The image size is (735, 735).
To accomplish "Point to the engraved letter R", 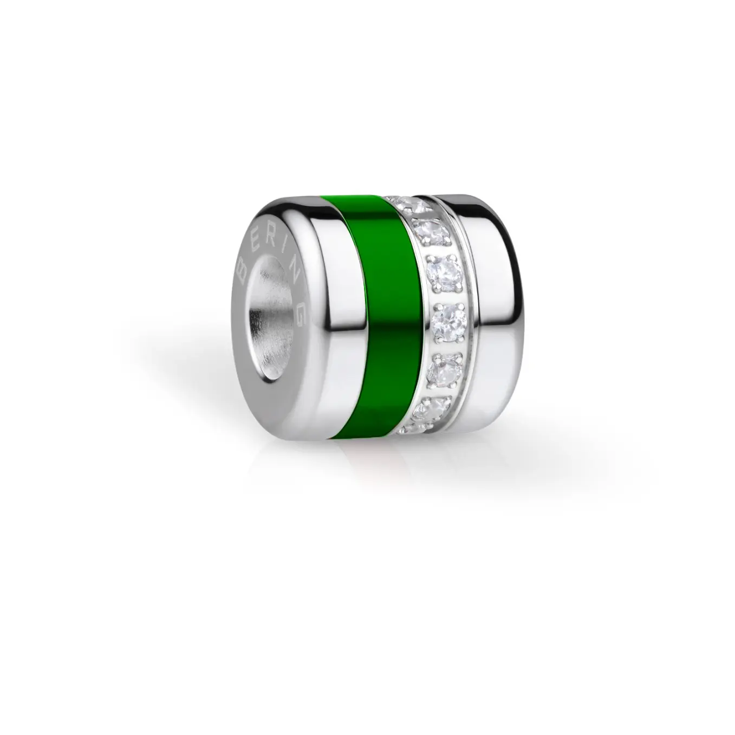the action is point(270,239).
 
